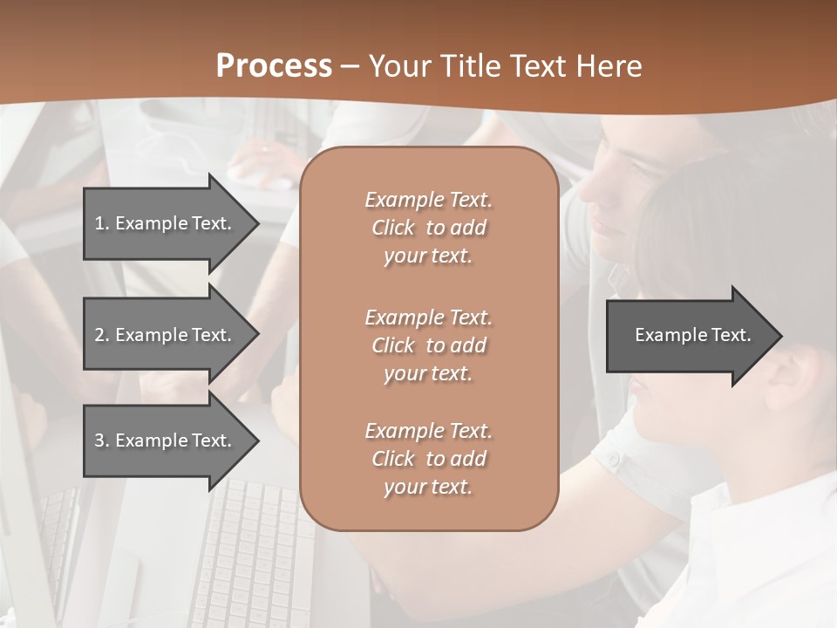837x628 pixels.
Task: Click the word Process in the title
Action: coord(274,66)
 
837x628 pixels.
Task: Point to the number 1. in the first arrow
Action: coord(102,223)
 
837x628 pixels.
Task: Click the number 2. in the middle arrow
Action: coord(102,335)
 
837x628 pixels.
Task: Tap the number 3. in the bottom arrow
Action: coord(102,440)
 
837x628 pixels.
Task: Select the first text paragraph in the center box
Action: coord(428,228)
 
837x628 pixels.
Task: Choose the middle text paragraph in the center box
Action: coord(428,345)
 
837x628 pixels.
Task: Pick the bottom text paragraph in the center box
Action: coord(428,459)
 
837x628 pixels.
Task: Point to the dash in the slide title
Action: coord(350,66)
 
